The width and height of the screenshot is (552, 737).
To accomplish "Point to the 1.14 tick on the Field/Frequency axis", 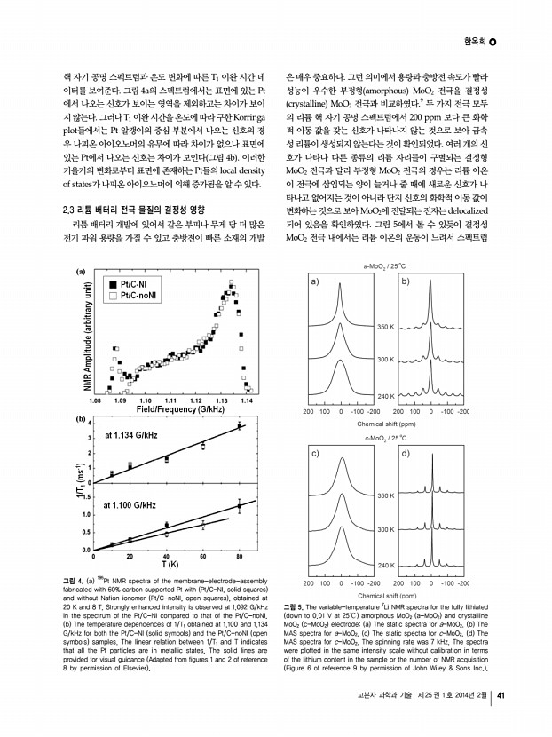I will pyautogui.click(x=246, y=401).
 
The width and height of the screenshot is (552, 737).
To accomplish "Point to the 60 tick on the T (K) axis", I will pyautogui.click(x=204, y=557).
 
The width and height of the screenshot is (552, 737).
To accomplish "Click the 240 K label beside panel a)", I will pyautogui.click(x=384, y=394).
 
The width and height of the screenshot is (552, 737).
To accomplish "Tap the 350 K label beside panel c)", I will pyautogui.click(x=384, y=495).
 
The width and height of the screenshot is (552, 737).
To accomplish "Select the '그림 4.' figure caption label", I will pyautogui.click(x=77, y=581).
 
